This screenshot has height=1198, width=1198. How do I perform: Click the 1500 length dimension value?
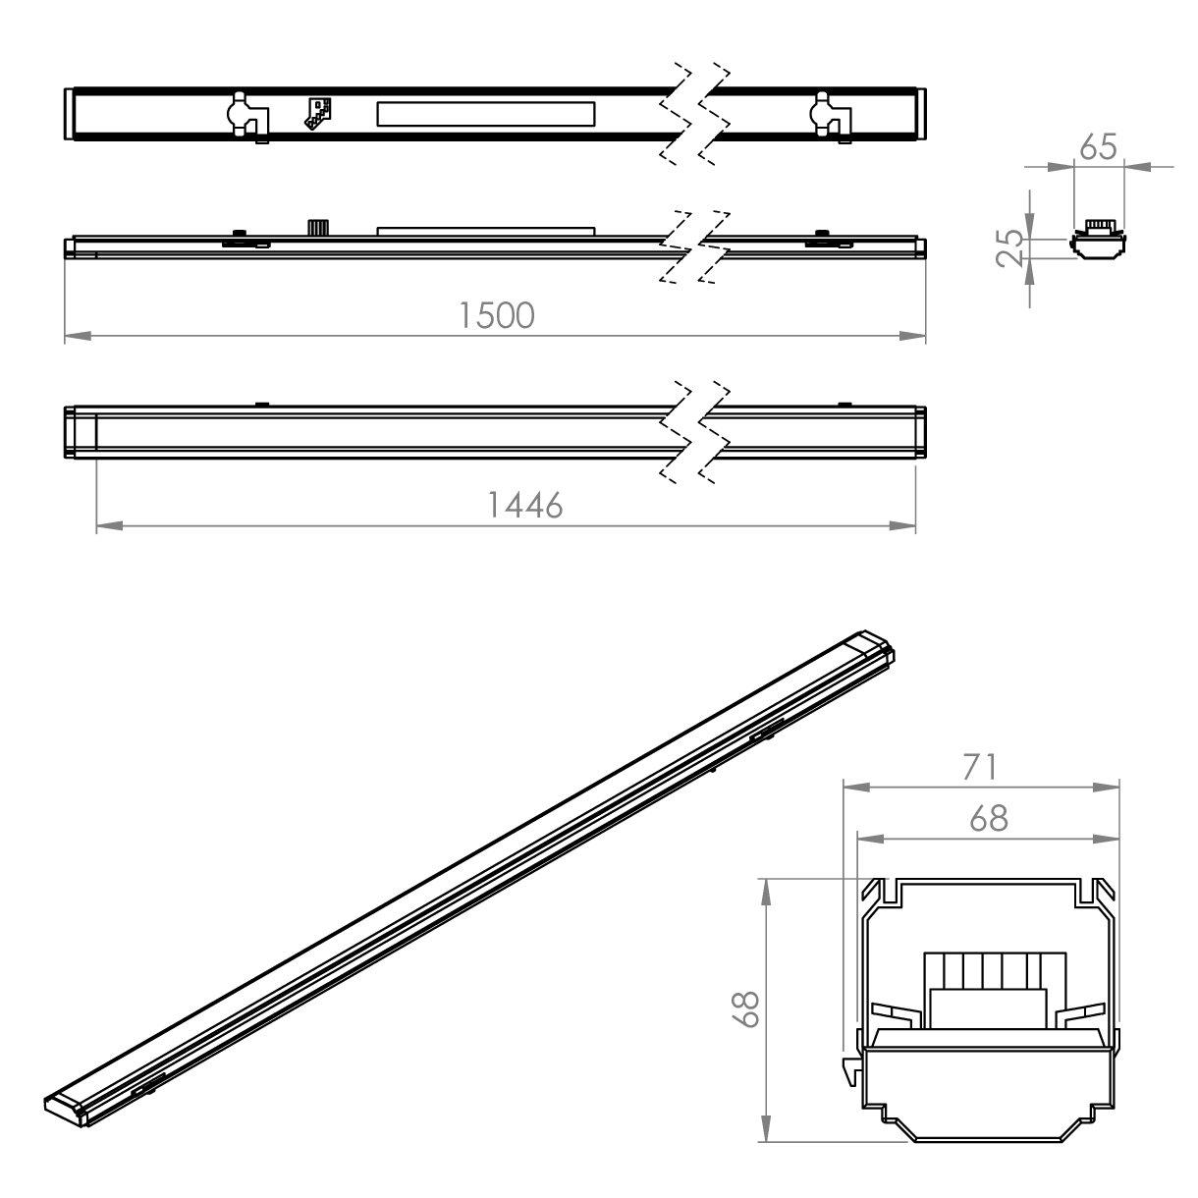click(x=497, y=315)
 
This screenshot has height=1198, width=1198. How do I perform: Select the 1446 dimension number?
click(x=525, y=505)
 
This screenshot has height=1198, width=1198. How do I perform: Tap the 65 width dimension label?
click(x=1099, y=147)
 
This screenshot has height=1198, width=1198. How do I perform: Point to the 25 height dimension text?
click(x=1009, y=248)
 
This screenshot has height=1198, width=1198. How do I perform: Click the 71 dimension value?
click(x=980, y=767)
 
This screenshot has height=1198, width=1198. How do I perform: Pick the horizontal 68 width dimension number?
click(x=989, y=819)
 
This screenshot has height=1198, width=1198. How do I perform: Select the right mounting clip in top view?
click(x=831, y=118)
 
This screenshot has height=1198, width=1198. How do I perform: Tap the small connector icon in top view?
click(x=318, y=113)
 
